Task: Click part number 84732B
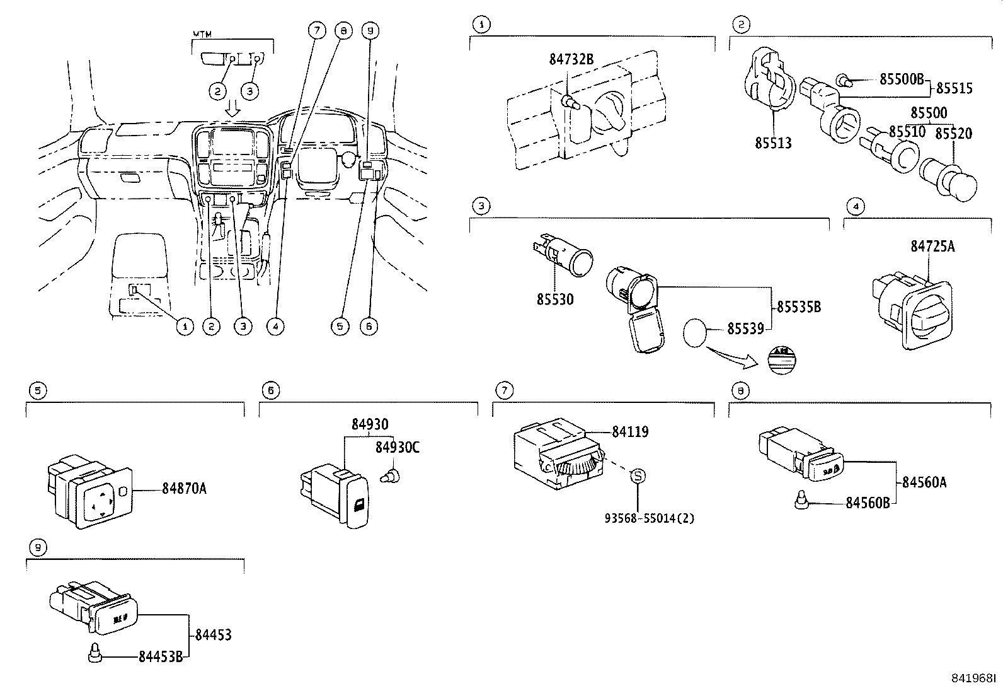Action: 571,59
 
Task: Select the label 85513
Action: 773,143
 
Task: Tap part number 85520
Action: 953,134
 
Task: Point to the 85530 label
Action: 554,300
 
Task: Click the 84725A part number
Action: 932,247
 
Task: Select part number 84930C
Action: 397,447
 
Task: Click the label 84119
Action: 630,432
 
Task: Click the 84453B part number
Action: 161,656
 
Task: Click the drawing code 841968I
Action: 974,678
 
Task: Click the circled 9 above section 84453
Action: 38,549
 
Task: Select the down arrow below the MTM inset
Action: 233,108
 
